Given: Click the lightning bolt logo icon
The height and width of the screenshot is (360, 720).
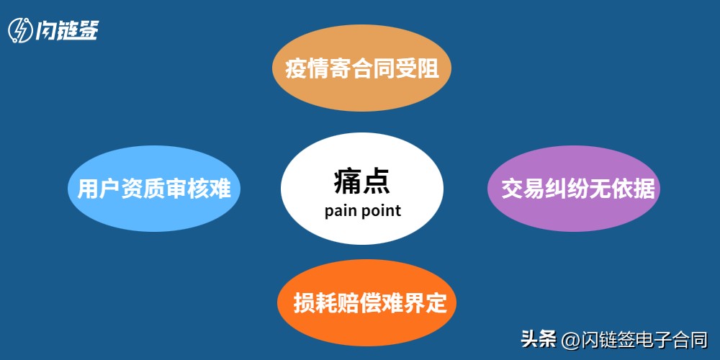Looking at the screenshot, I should [x=20, y=30].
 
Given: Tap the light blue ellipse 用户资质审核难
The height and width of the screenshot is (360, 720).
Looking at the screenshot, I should [x=153, y=190].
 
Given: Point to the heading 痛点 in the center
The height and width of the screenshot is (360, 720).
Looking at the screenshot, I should [x=361, y=181].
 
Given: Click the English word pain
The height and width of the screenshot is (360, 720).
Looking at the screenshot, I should [x=339, y=211].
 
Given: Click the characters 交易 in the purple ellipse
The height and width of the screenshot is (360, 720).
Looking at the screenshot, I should [x=517, y=189].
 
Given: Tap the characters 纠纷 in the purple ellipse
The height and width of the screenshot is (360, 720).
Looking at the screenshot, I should [x=562, y=189].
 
